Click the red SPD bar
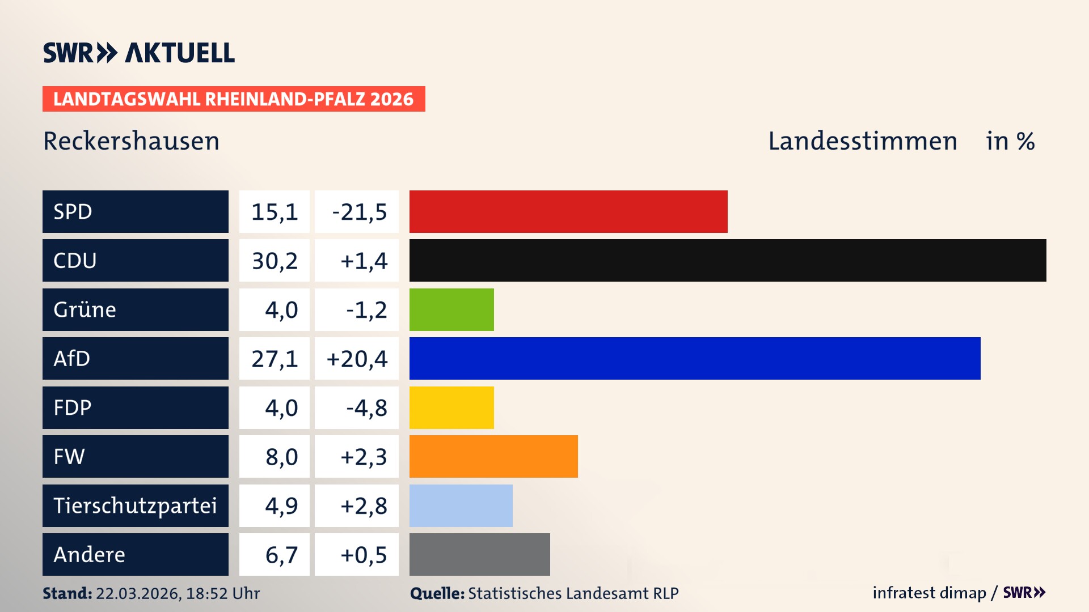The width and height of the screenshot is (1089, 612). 568,211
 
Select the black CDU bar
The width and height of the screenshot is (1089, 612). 728,260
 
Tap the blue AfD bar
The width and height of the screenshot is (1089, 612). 695,358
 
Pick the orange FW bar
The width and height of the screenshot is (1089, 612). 493,456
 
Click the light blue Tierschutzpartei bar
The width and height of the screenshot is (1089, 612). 461,505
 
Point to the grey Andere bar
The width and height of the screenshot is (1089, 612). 479,554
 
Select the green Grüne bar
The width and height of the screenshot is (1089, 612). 451,309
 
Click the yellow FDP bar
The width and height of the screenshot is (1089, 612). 451,407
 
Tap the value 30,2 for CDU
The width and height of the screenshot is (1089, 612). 275,261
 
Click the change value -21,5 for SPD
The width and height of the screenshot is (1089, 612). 359,212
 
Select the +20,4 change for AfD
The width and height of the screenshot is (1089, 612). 357,359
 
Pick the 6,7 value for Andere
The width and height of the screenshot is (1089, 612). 281,555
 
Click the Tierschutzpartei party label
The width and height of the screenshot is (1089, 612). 135,505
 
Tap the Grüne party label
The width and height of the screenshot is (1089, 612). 85,309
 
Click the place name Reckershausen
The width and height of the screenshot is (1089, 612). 131,141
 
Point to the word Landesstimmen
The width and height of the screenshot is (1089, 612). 862,141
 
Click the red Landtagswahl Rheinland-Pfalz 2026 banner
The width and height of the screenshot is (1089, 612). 234,99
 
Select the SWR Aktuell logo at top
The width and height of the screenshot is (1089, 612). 139,53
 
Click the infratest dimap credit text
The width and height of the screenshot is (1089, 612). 928,593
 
